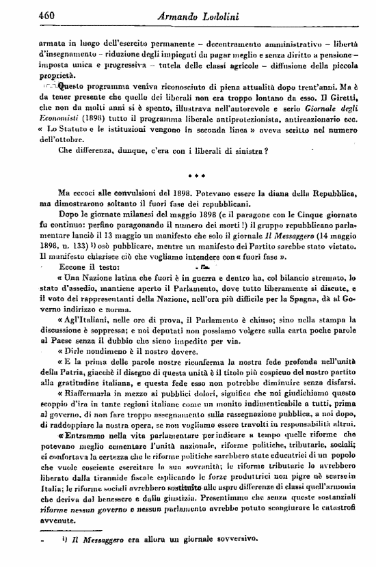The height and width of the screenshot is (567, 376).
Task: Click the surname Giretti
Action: click(340, 98)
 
